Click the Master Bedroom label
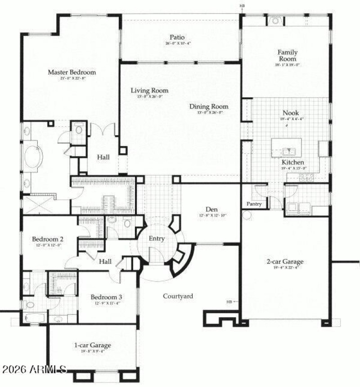[x=72, y=72]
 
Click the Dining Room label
[x=209, y=107]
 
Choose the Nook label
[x=290, y=113]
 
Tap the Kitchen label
[x=293, y=162]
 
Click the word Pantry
[x=254, y=204]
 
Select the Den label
[x=212, y=209]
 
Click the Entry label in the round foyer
[x=157, y=239]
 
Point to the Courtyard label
[x=178, y=296]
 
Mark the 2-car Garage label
[x=284, y=261]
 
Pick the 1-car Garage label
[x=92, y=346]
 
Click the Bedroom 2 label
[x=47, y=239]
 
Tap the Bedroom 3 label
[x=106, y=297]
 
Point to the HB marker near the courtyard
[x=229, y=301]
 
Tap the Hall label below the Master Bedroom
[x=104, y=157]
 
